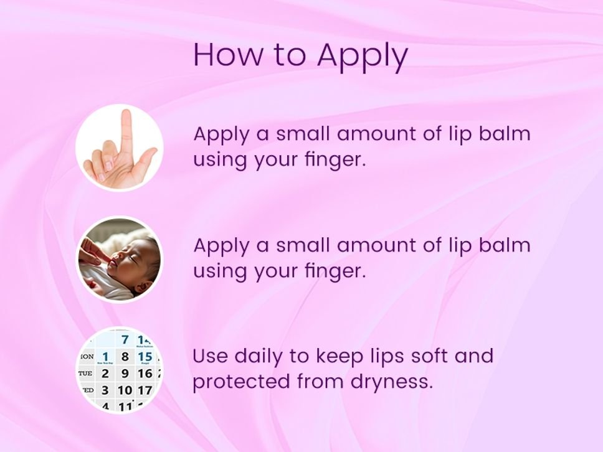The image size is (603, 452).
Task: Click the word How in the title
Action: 228,54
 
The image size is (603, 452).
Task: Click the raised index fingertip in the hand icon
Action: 126,114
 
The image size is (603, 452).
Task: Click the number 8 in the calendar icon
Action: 125,356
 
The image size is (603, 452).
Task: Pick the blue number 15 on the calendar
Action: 145,356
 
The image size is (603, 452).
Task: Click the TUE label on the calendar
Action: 85,373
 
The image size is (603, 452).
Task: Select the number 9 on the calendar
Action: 125,373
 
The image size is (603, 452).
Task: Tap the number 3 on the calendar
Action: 105,390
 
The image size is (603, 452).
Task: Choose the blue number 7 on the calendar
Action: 125,340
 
